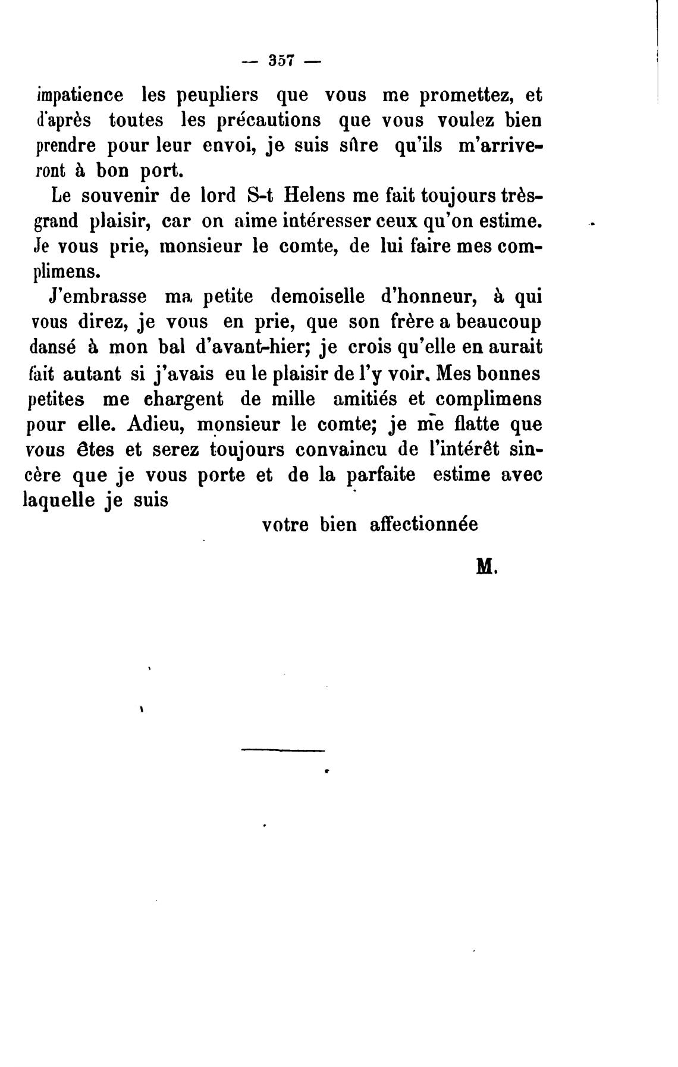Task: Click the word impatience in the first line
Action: click(x=80, y=95)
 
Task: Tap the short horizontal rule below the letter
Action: click(x=283, y=750)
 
